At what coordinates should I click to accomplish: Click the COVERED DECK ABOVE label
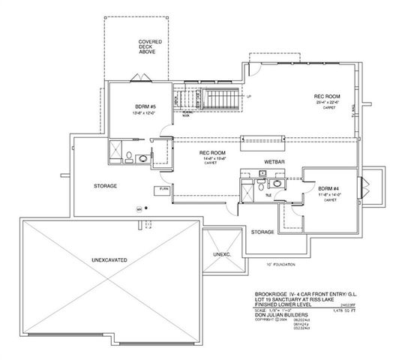[151, 49]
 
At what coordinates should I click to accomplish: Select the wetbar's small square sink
[263, 173]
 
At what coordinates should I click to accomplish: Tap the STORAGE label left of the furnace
[105, 185]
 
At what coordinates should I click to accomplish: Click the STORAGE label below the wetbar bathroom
[262, 232]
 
